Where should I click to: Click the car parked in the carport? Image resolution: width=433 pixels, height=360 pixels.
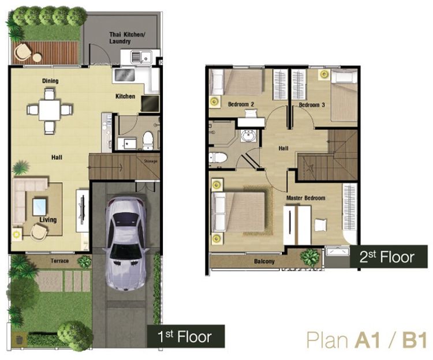(126, 243)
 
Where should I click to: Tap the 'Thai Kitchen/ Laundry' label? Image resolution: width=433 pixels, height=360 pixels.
(127, 38)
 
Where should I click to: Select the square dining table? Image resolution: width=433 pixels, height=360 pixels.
(50, 110)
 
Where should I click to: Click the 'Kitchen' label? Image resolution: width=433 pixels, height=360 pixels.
(125, 96)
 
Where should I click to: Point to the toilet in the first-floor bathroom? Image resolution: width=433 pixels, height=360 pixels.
(148, 140)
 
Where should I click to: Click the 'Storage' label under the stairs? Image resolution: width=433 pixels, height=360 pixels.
(151, 161)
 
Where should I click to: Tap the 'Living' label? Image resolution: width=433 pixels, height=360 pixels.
(48, 220)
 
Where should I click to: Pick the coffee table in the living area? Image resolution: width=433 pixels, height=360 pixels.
(39, 207)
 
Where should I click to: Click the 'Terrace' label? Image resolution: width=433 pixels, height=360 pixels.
(59, 261)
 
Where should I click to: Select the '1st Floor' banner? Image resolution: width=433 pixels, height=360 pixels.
(185, 336)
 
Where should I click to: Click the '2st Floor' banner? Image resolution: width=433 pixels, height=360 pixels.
(389, 256)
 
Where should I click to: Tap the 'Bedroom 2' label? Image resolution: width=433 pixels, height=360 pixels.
(241, 104)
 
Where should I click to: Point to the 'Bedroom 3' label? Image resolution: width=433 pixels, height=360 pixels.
(312, 105)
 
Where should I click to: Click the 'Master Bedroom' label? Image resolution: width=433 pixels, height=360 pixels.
(305, 198)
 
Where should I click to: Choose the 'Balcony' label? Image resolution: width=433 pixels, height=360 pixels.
(264, 261)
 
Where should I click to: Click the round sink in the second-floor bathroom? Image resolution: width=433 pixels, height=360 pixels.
(248, 136)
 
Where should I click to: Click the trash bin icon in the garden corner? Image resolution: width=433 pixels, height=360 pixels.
(19, 340)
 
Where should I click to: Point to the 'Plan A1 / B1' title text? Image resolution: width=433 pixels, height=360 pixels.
(367, 340)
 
